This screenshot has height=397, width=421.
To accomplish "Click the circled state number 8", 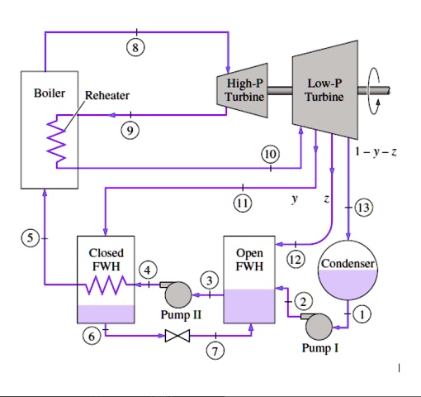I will point(136,46).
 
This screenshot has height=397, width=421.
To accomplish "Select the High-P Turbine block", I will point(244,91).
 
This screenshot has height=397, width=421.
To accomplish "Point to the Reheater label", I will point(107,96).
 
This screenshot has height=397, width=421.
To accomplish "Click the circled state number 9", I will point(128,128).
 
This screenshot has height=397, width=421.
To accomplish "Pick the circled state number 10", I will point(270,154).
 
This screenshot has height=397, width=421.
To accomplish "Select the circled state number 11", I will point(242,201).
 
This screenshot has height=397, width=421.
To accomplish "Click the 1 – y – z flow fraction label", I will point(376,152).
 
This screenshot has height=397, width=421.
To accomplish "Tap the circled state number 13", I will point(363,207).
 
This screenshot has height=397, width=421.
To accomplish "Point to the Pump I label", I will point(319,348).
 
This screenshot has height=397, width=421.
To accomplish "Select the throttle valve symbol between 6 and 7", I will point(177,336).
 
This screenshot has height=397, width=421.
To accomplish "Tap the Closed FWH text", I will point(106,258).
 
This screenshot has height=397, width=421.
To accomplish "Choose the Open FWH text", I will point(249,259).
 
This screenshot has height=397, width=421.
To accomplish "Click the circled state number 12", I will point(296,260).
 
